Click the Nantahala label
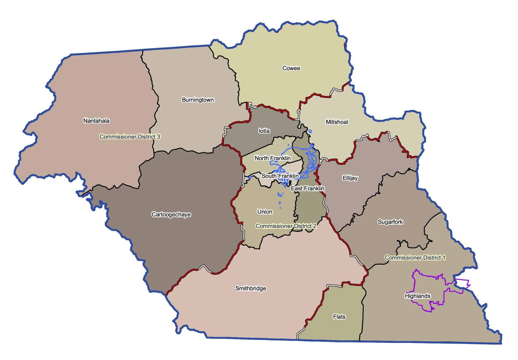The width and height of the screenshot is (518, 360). [x=96, y=121]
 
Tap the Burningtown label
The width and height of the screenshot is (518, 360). [x=198, y=100]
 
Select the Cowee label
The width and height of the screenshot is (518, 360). [x=291, y=68]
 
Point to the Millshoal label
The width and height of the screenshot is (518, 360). [x=337, y=122]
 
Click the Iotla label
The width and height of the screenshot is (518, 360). [x=264, y=131]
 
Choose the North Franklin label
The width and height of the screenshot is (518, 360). [x=272, y=158]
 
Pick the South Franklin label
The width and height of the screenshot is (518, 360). [x=280, y=176]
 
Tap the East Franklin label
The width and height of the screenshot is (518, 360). [x=308, y=188]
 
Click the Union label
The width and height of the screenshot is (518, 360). [x=265, y=211]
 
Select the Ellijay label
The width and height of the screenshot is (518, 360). [x=350, y=178]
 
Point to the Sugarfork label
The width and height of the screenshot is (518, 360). [x=390, y=222]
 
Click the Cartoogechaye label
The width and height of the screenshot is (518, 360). [x=171, y=214]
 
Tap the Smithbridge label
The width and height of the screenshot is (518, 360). [x=250, y=288]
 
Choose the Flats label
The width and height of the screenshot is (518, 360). [x=339, y=316]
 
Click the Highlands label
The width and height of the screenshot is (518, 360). [x=417, y=296]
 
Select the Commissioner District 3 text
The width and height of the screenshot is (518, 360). [x=130, y=136]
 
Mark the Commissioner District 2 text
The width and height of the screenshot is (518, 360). [x=286, y=226]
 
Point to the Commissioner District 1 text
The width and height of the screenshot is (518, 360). [x=415, y=257]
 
